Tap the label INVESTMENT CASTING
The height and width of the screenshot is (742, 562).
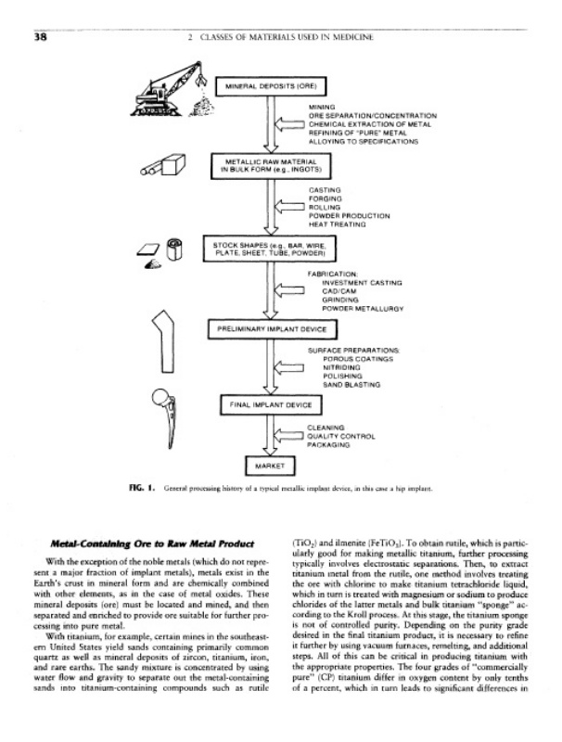point(357,282)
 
